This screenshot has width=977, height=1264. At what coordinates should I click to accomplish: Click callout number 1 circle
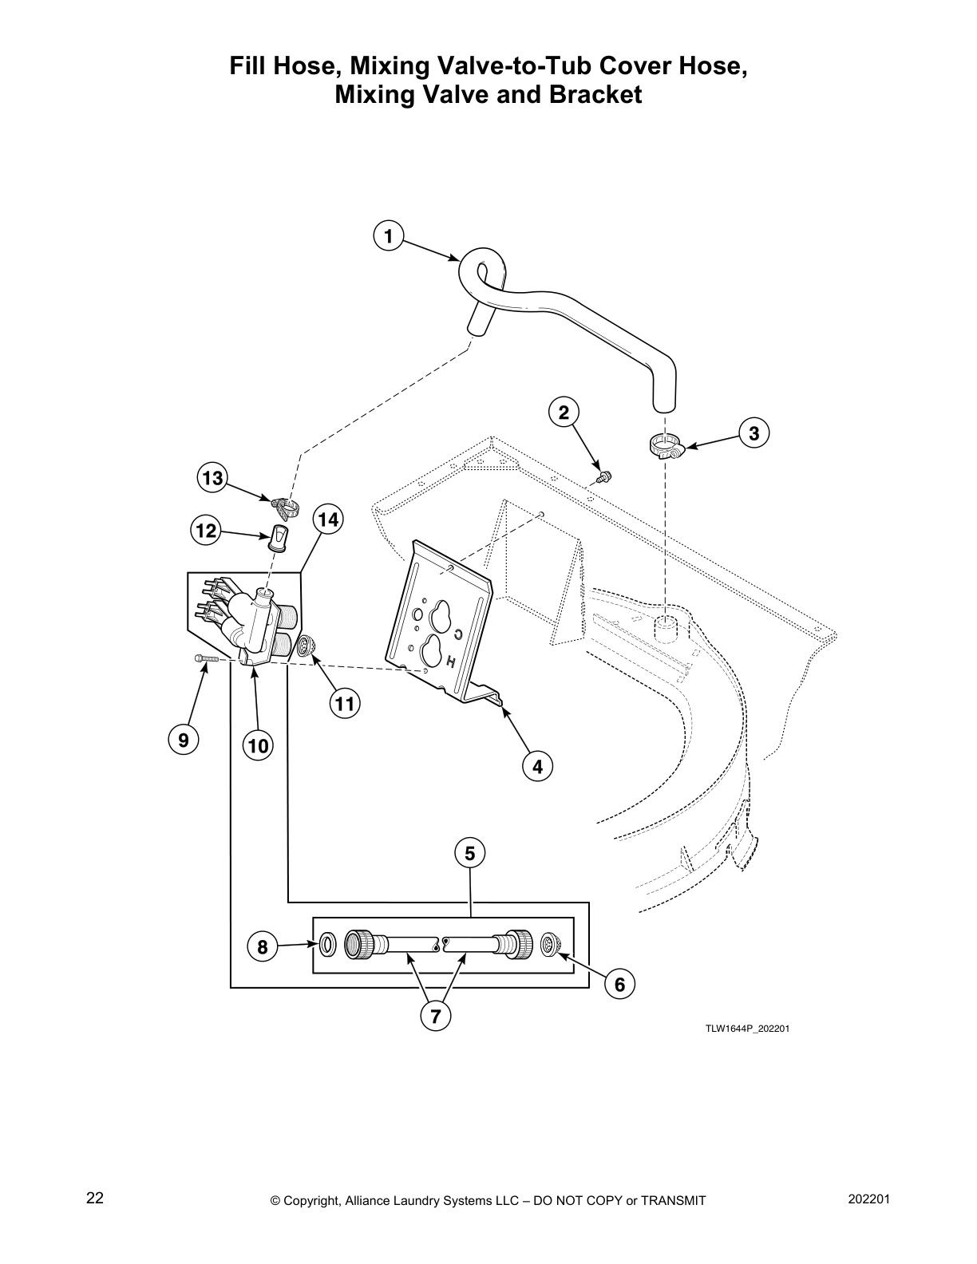pyautogui.click(x=388, y=236)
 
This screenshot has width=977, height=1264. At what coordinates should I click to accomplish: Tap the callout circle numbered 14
pyautogui.click(x=326, y=520)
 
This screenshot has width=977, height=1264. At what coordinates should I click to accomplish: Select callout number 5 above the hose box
pyautogui.click(x=469, y=853)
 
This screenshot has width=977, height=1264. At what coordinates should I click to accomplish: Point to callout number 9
pyautogui.click(x=184, y=740)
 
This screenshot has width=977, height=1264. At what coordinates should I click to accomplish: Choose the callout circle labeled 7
pyautogui.click(x=436, y=1016)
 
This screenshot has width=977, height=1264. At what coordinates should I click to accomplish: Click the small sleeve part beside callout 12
pyautogui.click(x=279, y=539)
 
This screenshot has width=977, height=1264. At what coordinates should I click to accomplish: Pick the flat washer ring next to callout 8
pyautogui.click(x=327, y=945)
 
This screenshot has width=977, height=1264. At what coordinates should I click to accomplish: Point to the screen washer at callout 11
pyautogui.click(x=304, y=644)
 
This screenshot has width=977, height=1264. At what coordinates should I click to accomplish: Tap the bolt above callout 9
pyautogui.click(x=205, y=658)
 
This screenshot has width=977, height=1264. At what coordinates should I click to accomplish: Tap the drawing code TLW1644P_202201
pyautogui.click(x=746, y=1028)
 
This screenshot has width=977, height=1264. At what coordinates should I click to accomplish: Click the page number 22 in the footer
pyautogui.click(x=94, y=1199)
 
